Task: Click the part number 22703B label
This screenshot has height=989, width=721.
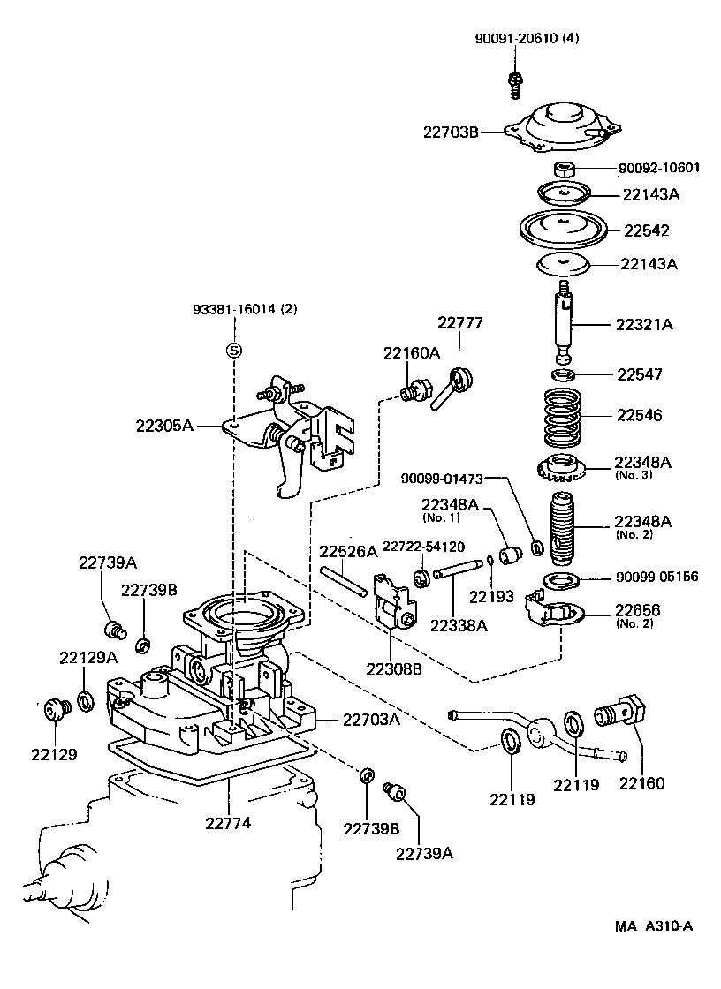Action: point(450,132)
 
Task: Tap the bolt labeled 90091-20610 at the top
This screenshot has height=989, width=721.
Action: point(513,81)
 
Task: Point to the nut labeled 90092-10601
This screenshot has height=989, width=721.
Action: point(565,169)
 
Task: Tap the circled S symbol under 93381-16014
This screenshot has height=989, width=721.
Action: point(234,351)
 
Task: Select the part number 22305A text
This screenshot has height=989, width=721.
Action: point(164,425)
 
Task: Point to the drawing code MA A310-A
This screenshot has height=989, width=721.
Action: point(654,926)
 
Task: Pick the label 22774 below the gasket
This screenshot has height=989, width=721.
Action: point(228,823)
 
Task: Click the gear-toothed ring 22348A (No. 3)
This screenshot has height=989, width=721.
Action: point(561,465)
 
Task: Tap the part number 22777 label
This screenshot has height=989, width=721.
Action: point(460,324)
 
